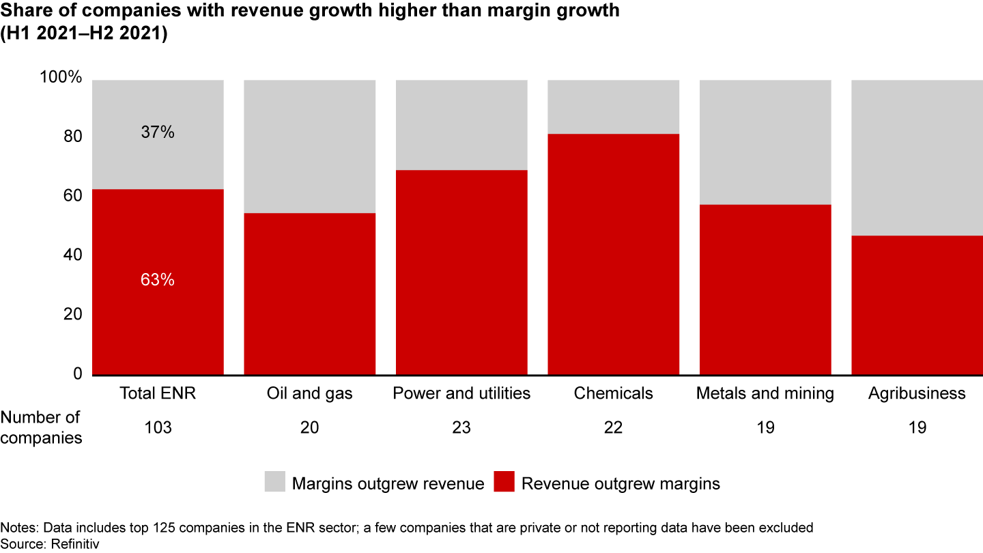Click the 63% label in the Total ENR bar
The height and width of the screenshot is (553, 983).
coord(158,280)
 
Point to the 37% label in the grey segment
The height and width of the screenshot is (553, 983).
coord(158,132)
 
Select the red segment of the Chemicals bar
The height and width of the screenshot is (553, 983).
coord(614,254)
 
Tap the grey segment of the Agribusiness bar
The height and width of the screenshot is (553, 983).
coord(917,157)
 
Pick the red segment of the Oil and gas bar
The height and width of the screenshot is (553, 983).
coord(310,294)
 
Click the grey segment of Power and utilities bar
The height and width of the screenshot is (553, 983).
coord(461,124)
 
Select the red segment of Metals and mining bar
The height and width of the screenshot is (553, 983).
coord(765,289)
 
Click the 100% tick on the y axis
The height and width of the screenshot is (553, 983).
coord(61,78)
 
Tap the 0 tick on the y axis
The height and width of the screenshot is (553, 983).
coord(77,374)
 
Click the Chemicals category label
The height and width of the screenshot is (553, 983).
coord(614,394)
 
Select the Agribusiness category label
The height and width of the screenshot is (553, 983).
coord(917,394)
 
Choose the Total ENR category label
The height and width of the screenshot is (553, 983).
coord(158,394)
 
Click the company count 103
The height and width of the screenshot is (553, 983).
coord(158,428)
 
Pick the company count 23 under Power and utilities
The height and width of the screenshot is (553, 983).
coord(461,428)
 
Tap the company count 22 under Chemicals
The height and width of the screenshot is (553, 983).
coord(614,428)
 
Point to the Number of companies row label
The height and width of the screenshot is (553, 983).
coord(40,427)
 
